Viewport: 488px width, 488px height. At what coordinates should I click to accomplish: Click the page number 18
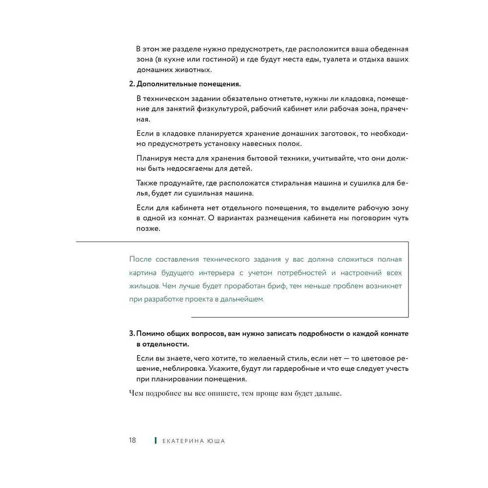[132, 440]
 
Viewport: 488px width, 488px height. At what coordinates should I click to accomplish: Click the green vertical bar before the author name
[155, 441]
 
